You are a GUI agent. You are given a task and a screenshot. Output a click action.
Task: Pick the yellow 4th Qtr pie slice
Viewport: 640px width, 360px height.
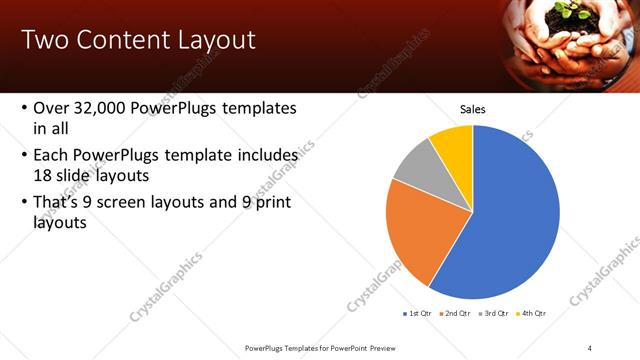pos(453,141)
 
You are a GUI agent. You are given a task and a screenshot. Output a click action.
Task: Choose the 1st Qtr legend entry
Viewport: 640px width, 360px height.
pos(417,313)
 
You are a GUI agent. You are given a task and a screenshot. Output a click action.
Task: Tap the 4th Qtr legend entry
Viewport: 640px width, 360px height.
pos(531,313)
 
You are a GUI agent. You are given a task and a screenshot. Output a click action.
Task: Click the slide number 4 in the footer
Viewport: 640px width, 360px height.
pos(590,347)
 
